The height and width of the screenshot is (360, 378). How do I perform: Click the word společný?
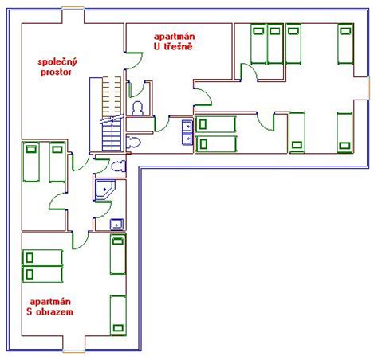pos(57,63)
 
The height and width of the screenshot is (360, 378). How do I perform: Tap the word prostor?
pos(56,72)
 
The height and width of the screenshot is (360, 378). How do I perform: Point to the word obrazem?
pos(54,311)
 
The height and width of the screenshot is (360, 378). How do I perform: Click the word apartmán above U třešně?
pos(175,37)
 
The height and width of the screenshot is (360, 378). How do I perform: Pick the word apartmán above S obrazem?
pos(50,302)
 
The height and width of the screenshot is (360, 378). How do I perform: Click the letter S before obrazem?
pos(30,311)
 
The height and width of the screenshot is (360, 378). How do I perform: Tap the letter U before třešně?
pos(157,46)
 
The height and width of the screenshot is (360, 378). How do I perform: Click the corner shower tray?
pos(104,190)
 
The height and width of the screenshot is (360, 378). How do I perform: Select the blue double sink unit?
pos(187,132)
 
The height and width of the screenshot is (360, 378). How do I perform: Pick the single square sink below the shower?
pos(117,225)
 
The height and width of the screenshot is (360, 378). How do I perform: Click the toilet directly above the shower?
pos(119,166)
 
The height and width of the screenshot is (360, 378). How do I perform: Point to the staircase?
pos(112,114)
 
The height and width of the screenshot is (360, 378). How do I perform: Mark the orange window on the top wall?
pos(73,9)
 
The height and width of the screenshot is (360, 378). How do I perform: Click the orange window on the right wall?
pos(368,88)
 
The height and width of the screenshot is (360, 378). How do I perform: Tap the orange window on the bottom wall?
pos(74,350)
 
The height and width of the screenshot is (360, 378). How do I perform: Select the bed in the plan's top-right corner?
pos(345,44)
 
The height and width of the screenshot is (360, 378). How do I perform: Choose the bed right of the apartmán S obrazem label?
pos(118,315)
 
